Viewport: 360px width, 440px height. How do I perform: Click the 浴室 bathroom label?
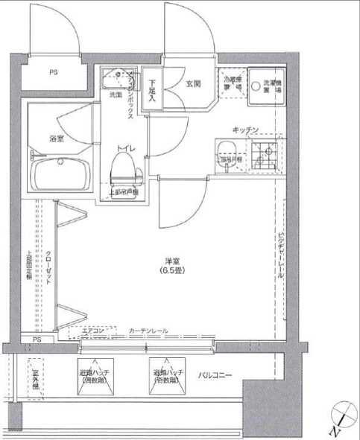click(56, 138)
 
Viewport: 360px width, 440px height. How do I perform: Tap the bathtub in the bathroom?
click(61, 176)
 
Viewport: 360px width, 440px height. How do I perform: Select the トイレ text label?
click(124, 149)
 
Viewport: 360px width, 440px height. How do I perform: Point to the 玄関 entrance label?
click(192, 84)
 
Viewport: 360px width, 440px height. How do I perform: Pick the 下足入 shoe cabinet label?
click(152, 90)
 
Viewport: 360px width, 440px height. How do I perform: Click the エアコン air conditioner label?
click(93, 331)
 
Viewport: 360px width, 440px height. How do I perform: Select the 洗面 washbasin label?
click(116, 95)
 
